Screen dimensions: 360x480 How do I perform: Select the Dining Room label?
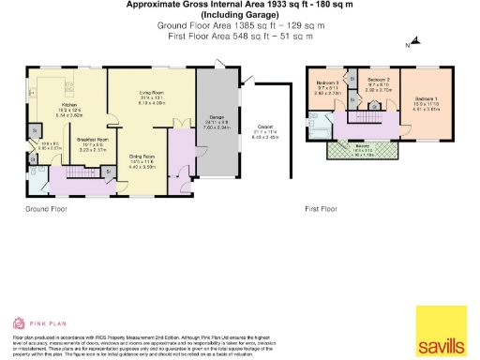141,156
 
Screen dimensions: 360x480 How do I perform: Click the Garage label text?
214,118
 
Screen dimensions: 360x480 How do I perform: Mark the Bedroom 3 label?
327,83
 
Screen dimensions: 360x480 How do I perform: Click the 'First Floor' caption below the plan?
321,208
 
